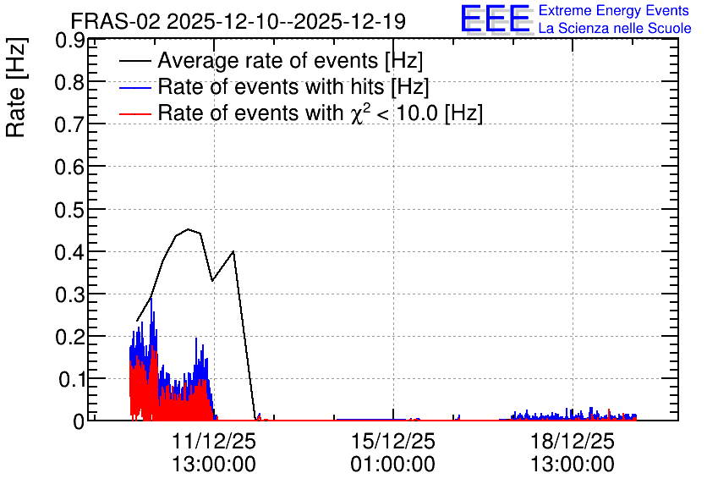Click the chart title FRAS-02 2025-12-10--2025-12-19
[238, 21]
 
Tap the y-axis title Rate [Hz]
[16, 87]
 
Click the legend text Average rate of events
[268, 60]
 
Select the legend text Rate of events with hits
[271, 86]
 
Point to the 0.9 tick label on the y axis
[69, 41]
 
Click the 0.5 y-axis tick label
[69, 210]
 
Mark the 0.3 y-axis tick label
[69, 295]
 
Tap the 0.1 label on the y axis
[71, 380]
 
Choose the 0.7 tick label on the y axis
[69, 125]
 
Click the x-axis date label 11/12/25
[214, 441]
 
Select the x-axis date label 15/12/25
[393, 441]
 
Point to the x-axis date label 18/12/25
[573, 441]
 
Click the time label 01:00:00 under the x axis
[393, 465]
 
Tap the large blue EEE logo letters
[496, 19]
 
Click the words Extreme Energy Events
[614, 10]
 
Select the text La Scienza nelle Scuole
[615, 29]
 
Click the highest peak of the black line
[189, 229]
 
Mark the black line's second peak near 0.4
[233, 251]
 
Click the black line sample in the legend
[134, 61]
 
